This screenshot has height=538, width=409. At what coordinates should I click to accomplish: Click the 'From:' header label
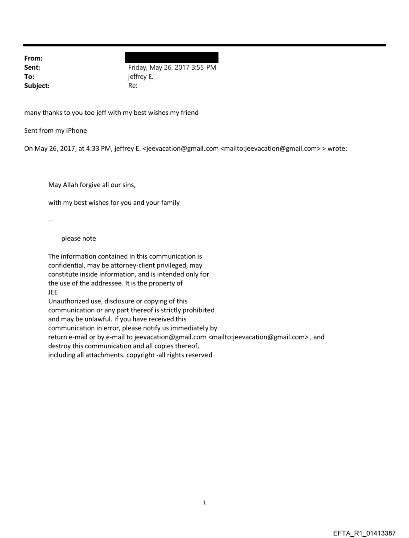pyautogui.click(x=33, y=58)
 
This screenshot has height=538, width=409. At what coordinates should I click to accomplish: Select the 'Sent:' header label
pyautogui.click(x=32, y=67)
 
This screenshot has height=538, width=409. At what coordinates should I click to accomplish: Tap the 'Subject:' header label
pyautogui.click(x=37, y=86)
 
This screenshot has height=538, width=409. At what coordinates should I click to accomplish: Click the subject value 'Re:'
pyautogui.click(x=133, y=86)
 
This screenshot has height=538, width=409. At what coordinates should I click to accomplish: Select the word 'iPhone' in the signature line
pyautogui.click(x=75, y=131)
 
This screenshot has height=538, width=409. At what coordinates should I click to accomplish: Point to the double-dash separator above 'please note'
pyautogui.click(x=50, y=221)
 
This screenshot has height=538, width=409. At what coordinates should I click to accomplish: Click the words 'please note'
pyautogui.click(x=79, y=239)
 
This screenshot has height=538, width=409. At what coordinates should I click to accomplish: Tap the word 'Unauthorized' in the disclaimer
pyautogui.click(x=68, y=301)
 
